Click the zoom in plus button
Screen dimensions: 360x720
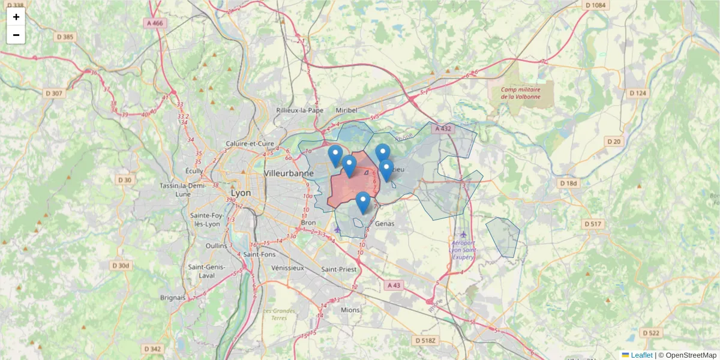click(x=16, y=17)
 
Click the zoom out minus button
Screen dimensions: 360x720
click(x=16, y=35)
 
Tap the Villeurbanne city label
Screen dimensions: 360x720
click(x=289, y=173)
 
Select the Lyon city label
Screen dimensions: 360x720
click(x=241, y=193)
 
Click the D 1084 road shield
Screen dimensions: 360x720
click(x=595, y=5)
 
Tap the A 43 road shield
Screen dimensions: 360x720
click(x=393, y=286)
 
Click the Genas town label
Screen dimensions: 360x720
click(x=385, y=223)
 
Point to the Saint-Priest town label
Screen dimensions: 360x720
click(x=339, y=269)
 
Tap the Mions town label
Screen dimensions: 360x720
click(x=350, y=310)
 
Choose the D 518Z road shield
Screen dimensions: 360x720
click(x=427, y=340)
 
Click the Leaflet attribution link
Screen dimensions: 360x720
click(x=641, y=355)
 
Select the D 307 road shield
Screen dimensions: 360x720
click(x=53, y=93)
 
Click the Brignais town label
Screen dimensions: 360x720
click(x=173, y=297)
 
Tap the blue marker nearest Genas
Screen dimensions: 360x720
click(x=362, y=202)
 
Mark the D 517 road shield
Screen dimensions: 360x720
click(x=593, y=224)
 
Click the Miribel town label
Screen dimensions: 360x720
click(x=346, y=110)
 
